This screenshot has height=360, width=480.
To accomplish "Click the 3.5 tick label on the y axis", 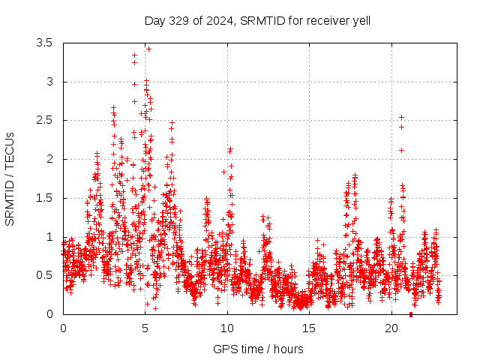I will click(44, 43).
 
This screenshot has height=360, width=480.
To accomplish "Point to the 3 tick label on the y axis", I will click(50, 82).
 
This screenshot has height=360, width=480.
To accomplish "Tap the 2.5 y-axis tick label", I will click(44, 120).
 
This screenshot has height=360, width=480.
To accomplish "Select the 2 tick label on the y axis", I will click(50, 159).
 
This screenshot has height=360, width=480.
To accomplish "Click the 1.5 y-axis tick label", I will click(44, 198).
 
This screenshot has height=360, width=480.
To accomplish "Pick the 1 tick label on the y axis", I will click(50, 237).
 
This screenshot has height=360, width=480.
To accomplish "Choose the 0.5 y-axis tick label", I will click(44, 275).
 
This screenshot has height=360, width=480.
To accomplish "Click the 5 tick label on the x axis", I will click(145, 328).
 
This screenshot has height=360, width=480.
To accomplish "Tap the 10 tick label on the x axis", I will click(227, 328).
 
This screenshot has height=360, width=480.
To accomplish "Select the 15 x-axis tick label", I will click(310, 328).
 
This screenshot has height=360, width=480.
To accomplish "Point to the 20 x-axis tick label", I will click(391, 328).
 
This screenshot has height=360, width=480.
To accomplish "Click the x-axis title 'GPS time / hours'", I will click(258, 349).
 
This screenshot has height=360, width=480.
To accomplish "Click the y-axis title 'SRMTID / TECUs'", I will click(10, 179).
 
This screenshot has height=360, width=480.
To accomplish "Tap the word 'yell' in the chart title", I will click(361, 20).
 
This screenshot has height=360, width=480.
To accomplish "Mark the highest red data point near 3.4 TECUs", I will click(148, 49).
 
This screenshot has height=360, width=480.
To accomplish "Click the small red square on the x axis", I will click(411, 314).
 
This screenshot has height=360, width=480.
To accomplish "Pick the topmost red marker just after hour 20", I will click(402, 117).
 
